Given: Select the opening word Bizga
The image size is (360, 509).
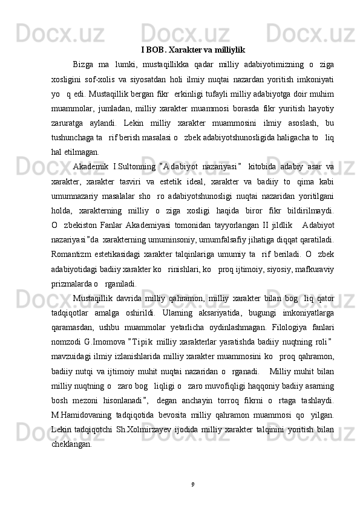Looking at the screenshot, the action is (x=83, y=65).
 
